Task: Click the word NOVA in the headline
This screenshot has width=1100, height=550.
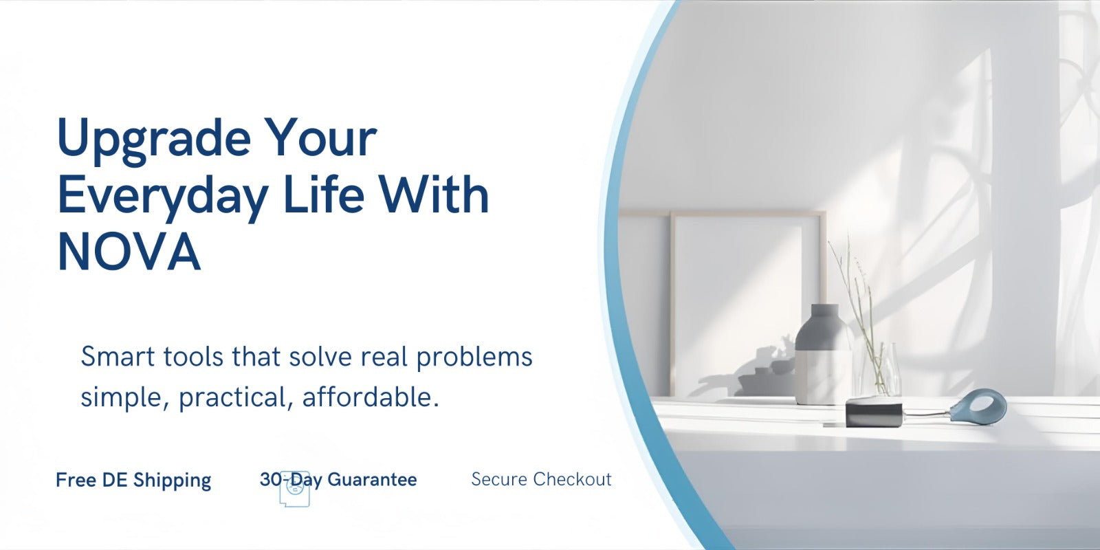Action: coord(129,252)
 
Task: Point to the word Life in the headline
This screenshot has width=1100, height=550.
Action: coord(324,195)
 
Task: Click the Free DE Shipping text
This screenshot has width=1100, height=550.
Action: coord(133,481)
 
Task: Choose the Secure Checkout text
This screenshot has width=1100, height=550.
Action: coord(541,479)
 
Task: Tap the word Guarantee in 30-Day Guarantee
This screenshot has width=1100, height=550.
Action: coord(372,479)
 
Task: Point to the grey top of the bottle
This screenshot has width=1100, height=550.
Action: coord(822,327)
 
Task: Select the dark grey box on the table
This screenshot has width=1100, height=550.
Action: coord(874,413)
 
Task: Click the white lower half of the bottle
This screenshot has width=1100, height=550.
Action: coord(822,377)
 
